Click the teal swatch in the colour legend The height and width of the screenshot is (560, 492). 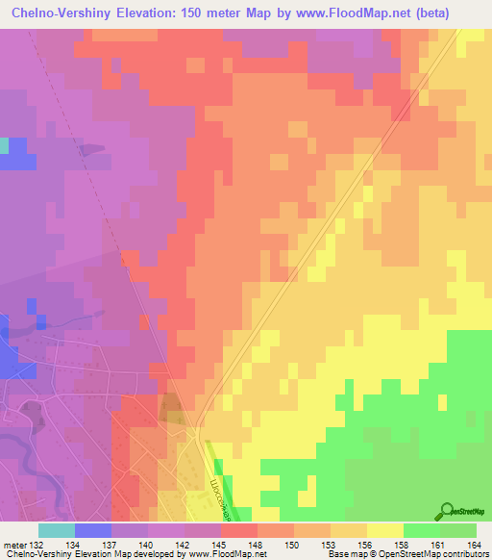tap(57, 529)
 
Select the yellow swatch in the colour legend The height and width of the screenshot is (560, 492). tap(384, 529)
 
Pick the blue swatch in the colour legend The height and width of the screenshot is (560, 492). tap(93, 529)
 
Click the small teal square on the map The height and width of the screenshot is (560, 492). tap(4, 145)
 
